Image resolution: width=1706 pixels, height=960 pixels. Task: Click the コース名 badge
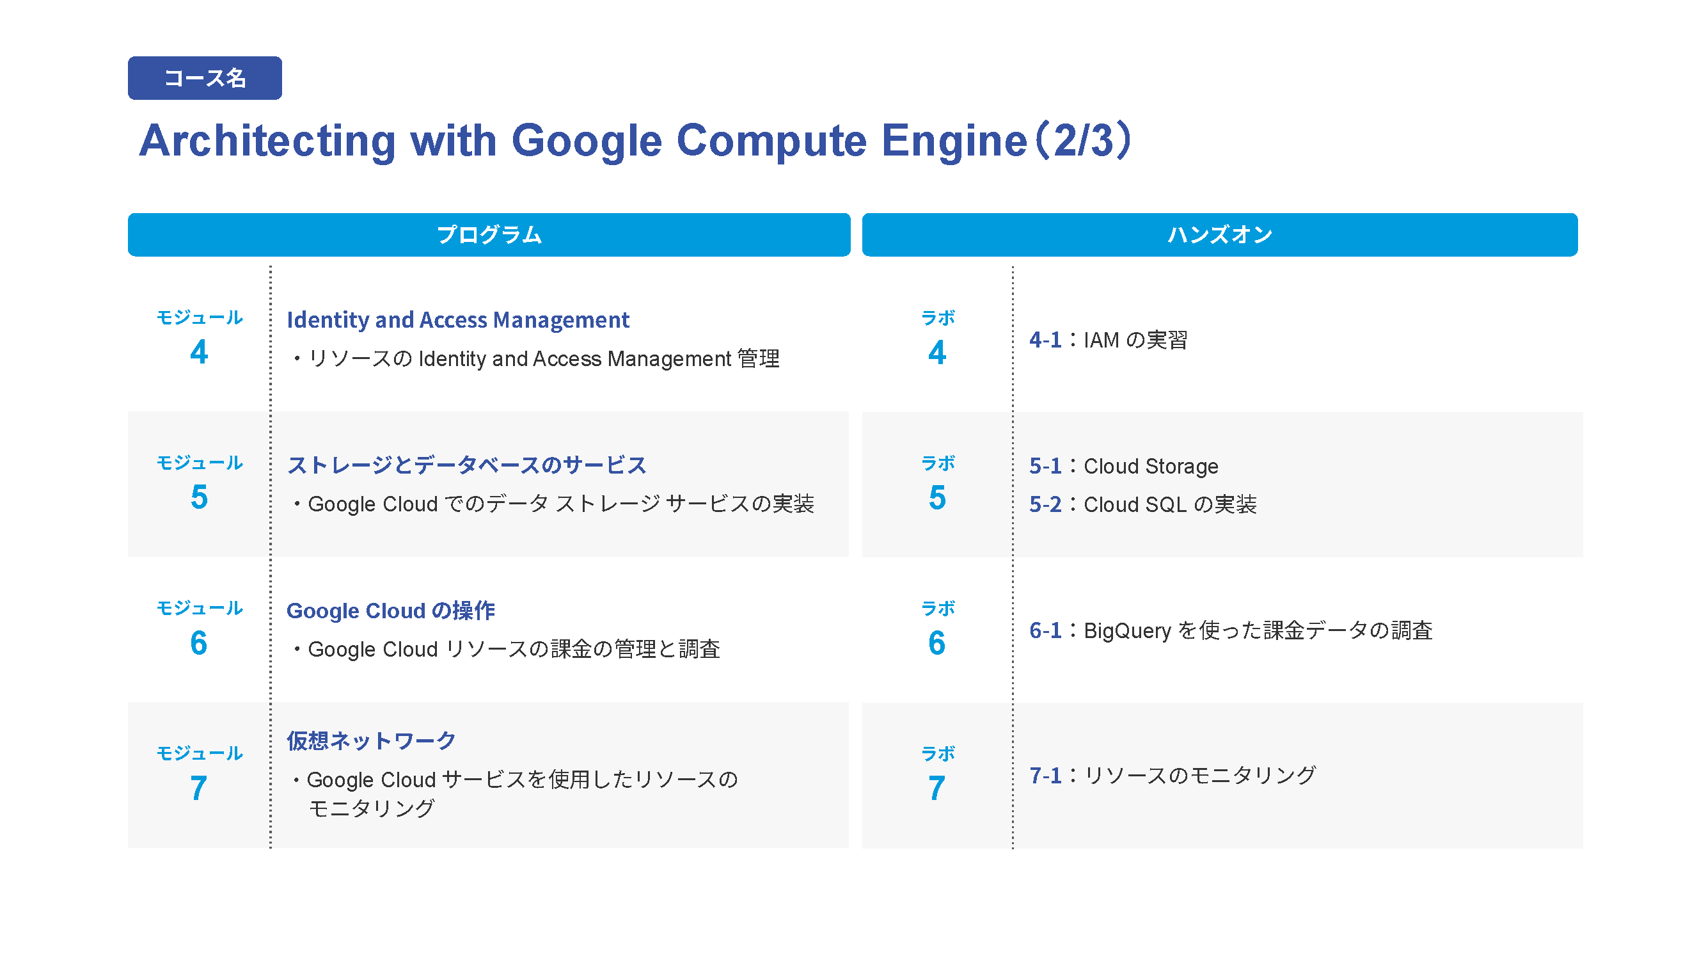click(x=205, y=78)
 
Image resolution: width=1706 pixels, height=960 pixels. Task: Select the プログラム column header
click(x=489, y=234)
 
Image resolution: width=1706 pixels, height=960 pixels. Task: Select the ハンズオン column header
click(x=1219, y=234)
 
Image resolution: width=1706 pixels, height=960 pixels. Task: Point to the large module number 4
click(x=199, y=352)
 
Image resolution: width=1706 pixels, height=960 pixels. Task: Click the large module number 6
click(x=199, y=643)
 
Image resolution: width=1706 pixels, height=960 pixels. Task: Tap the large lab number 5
click(x=937, y=497)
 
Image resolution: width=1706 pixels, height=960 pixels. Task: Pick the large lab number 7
click(x=936, y=788)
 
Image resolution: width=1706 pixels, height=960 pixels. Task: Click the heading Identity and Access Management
click(x=457, y=320)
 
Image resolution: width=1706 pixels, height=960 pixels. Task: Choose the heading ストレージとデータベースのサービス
click(x=466, y=465)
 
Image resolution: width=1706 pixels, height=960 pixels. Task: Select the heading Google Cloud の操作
click(x=391, y=611)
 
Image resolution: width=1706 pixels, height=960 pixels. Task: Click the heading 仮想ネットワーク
click(x=371, y=740)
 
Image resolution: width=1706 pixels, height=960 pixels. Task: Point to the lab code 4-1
click(x=1045, y=340)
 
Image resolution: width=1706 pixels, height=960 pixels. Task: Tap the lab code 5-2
click(x=1045, y=504)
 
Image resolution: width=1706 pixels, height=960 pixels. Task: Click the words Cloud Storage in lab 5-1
click(x=1151, y=467)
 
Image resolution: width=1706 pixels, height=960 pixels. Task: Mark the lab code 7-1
click(x=1045, y=775)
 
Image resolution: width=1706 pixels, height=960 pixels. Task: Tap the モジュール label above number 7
click(x=200, y=753)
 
